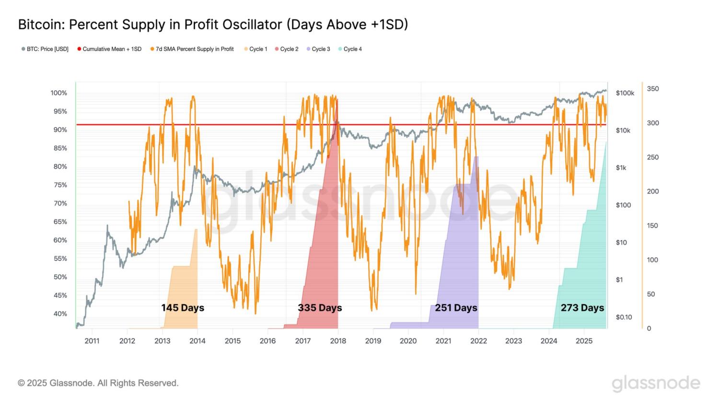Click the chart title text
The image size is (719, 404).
point(213,24)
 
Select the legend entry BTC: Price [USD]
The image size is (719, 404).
point(45,49)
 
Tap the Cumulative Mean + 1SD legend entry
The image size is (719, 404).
point(109,49)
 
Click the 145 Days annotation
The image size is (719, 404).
point(183,308)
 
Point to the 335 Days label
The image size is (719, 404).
point(320,308)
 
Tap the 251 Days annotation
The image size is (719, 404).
point(456,308)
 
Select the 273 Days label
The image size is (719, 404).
point(582,308)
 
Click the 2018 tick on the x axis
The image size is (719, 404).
point(338,341)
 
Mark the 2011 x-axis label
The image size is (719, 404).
point(92,341)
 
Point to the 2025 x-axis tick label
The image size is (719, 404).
point(584,341)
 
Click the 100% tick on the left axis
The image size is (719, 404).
point(59,93)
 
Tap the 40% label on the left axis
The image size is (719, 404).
point(60,314)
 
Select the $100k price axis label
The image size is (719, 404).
point(625,93)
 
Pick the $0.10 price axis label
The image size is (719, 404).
point(624,317)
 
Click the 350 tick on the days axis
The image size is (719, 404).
point(653,89)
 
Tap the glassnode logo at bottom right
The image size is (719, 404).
point(656,383)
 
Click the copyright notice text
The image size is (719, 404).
point(98,383)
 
